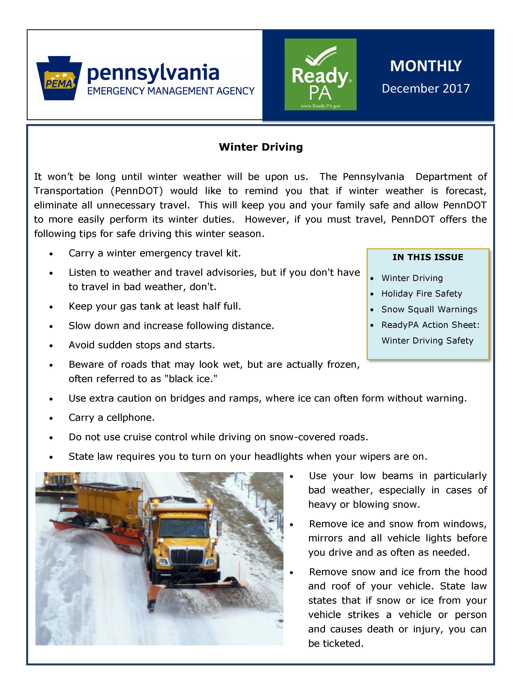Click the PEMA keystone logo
[59, 78]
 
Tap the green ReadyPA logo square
[320, 74]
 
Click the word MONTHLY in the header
[426, 66]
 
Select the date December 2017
[426, 89]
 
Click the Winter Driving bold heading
[261, 147]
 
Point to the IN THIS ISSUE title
[428, 257]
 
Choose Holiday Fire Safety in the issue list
[421, 294]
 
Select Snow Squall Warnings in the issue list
[429, 309]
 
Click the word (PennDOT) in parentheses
[137, 191]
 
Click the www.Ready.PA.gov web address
[320, 106]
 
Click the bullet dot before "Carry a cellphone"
[51, 418]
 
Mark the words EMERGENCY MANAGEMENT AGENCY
[171, 91]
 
